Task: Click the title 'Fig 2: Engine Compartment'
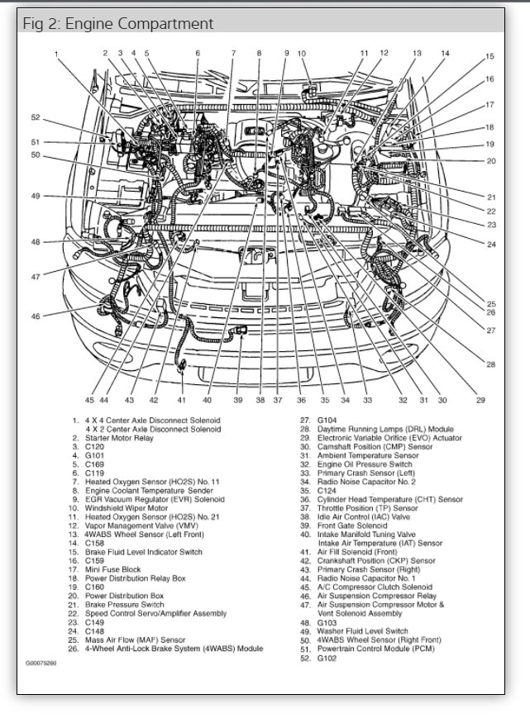[117, 24]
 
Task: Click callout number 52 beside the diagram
[35, 116]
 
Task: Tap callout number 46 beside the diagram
[35, 316]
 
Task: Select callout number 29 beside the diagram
[480, 401]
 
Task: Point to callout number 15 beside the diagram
[489, 57]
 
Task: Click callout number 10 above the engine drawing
[301, 55]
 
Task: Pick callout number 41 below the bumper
[181, 401]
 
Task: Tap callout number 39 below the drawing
[238, 401]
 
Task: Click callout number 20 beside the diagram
[491, 160]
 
